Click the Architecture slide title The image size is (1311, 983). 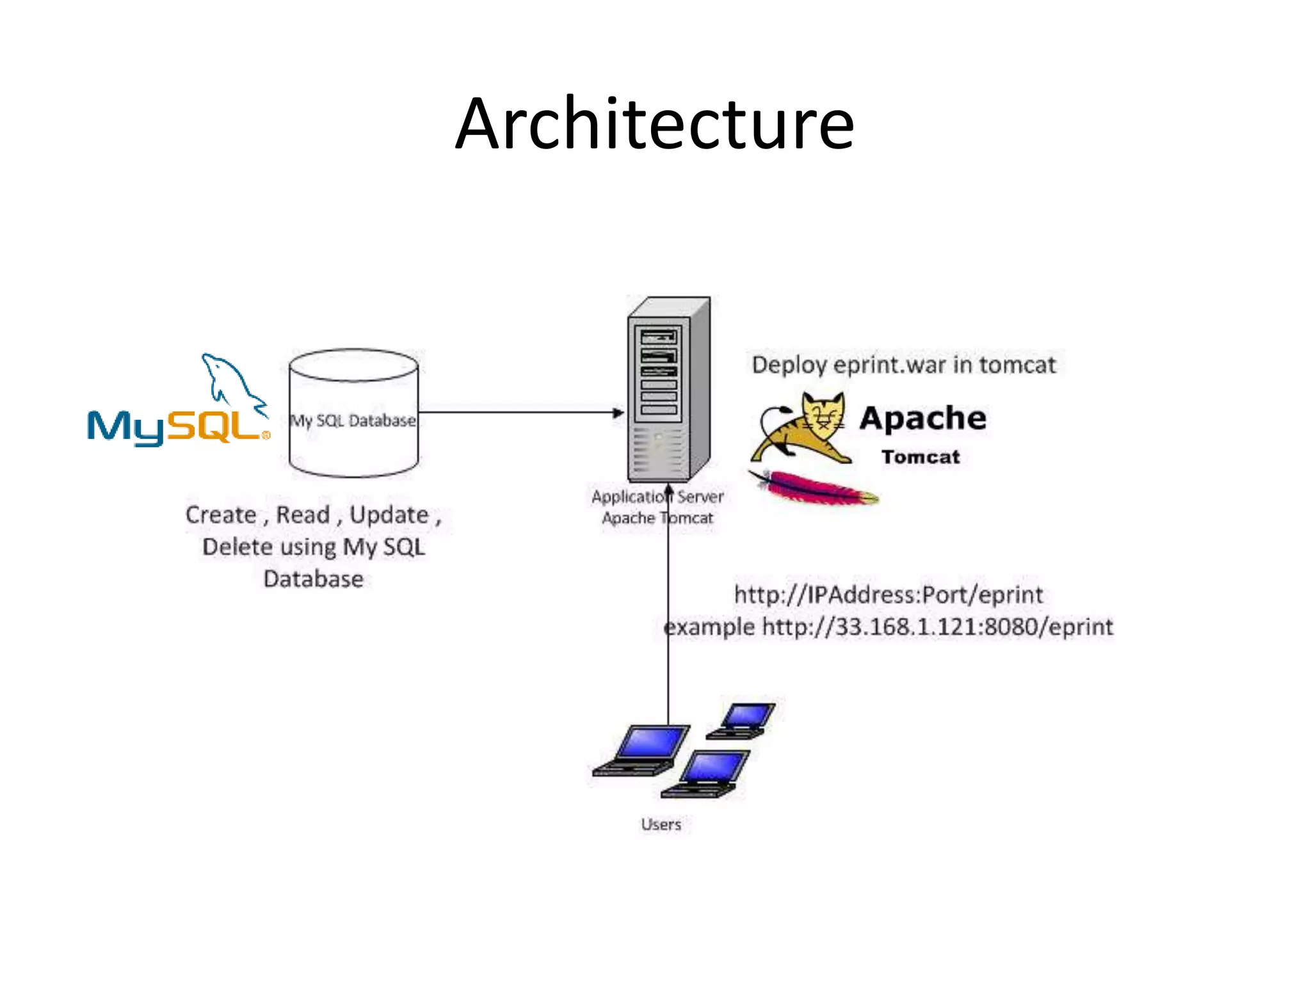(654, 124)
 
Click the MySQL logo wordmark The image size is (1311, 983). (177, 427)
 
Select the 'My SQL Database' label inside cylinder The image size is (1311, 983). (353, 420)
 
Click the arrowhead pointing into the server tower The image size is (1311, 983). (618, 413)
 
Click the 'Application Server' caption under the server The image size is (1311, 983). (657, 497)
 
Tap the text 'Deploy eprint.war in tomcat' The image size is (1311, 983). (903, 365)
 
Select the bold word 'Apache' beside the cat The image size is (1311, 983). (922, 419)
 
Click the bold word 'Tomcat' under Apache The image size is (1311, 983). (921, 457)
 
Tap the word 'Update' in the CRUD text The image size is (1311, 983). (389, 515)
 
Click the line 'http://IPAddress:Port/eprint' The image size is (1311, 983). (888, 595)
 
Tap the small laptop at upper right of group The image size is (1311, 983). (743, 719)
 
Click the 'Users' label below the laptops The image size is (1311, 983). (661, 824)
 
